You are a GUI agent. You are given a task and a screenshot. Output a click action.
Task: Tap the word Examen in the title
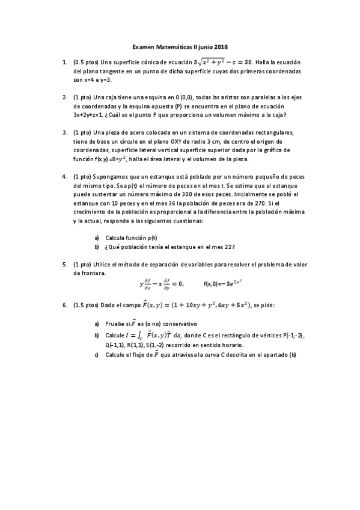pyautogui.click(x=143, y=47)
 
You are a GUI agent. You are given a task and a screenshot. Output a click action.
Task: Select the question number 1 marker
pyautogui.click(x=64, y=62)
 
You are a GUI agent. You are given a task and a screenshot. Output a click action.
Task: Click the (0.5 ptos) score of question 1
pyautogui.click(x=86, y=62)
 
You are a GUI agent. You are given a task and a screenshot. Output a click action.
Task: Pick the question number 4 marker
pyautogui.click(x=64, y=177)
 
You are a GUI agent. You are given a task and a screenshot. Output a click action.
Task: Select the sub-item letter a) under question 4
pyautogui.click(x=97, y=238)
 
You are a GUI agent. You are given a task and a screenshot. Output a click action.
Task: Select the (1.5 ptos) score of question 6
pyautogui.click(x=86, y=306)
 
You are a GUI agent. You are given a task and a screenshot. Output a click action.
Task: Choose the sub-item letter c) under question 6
pyautogui.click(x=97, y=355)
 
